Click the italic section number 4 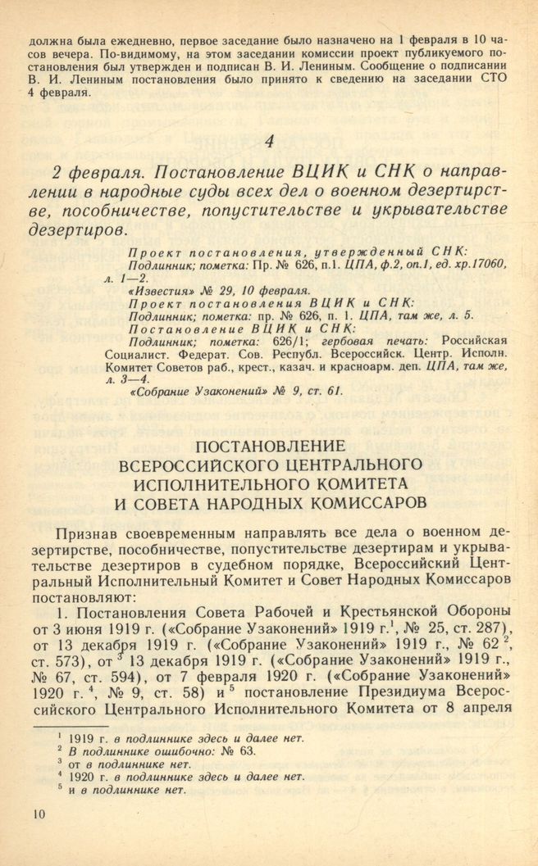pos(269,142)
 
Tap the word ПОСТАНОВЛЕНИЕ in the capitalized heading pos(268,447)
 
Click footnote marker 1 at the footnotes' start pos(49,737)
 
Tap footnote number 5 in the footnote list pos(49,789)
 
